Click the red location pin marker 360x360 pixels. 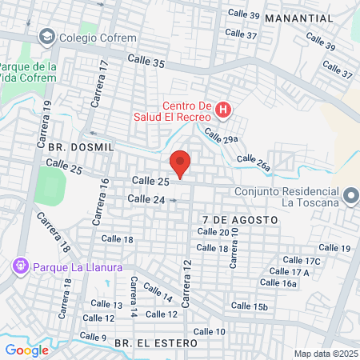pyautogui.click(x=181, y=164)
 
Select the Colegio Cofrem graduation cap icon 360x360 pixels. pyautogui.click(x=46, y=37)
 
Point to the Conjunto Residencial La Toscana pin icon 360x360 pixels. pyautogui.click(x=350, y=196)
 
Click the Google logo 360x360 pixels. pyautogui.click(x=26, y=350)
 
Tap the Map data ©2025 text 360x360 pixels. pyautogui.click(x=326, y=354)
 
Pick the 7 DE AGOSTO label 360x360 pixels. pyautogui.click(x=240, y=218)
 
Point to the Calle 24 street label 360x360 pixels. pyautogui.click(x=146, y=199)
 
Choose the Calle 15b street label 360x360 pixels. pyautogui.click(x=249, y=306)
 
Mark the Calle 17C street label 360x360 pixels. pyautogui.click(x=302, y=261)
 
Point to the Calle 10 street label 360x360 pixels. pyautogui.click(x=209, y=331)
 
